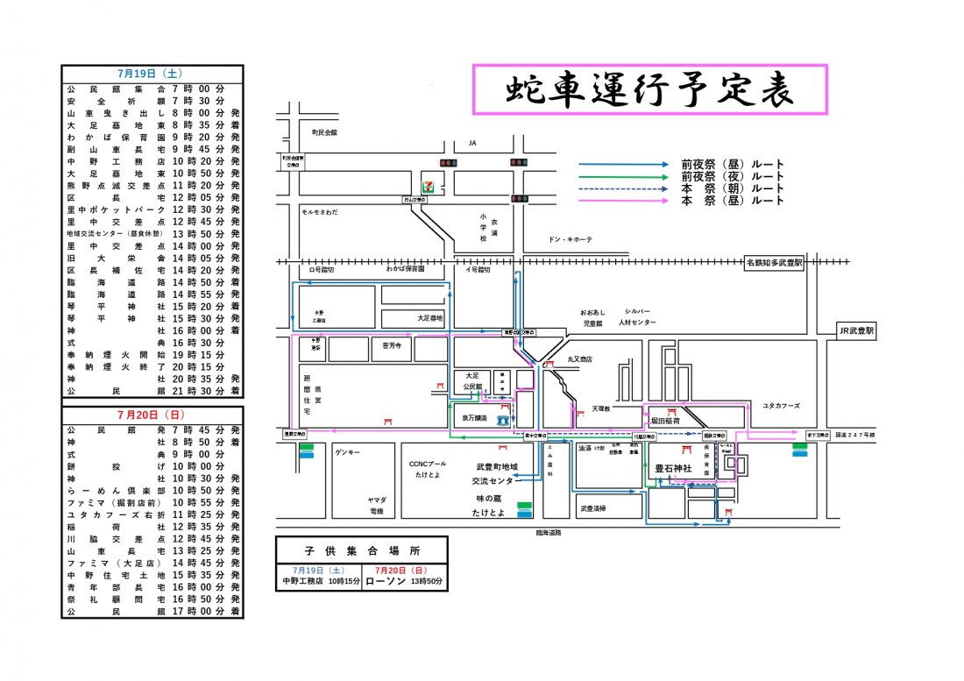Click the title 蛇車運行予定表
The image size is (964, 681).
(x=649, y=90)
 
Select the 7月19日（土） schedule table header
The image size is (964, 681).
(x=151, y=74)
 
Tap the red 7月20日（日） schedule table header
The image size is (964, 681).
(x=151, y=414)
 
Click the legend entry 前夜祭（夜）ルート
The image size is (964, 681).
(x=732, y=176)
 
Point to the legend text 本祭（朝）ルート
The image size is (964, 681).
(x=732, y=188)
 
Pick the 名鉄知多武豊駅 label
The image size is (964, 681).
(x=774, y=262)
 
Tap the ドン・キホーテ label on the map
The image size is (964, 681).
(x=571, y=239)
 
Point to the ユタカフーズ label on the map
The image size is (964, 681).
(x=782, y=406)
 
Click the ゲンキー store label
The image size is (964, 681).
(x=349, y=453)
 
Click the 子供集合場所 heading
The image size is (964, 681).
(x=360, y=552)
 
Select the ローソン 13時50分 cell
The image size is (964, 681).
(x=404, y=580)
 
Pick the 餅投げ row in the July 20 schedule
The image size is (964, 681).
(x=151, y=467)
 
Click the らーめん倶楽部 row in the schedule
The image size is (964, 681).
(x=151, y=491)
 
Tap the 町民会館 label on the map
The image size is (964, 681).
(x=324, y=133)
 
